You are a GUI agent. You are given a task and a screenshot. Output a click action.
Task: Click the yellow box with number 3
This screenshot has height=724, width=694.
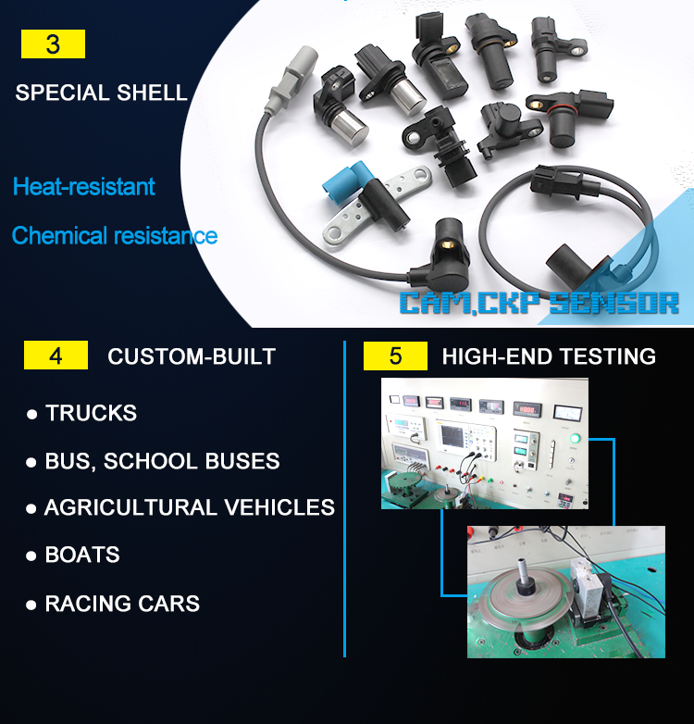click(x=53, y=44)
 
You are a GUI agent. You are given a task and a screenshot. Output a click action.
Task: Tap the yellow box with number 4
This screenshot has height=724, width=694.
click(x=56, y=356)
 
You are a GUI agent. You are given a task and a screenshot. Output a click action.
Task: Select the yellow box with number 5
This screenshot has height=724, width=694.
click(x=395, y=356)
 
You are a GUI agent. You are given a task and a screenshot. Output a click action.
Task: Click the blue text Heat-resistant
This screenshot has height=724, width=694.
click(x=84, y=186)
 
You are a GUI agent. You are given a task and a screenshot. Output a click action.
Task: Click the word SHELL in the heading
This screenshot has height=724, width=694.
click(x=153, y=93)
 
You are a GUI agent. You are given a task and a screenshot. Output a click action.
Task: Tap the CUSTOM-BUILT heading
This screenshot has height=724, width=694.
click(x=192, y=356)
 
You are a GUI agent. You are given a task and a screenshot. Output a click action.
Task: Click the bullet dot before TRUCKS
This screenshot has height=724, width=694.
click(x=31, y=414)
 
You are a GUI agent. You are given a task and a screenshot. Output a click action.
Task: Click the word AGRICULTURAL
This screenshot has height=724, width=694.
click(x=130, y=507)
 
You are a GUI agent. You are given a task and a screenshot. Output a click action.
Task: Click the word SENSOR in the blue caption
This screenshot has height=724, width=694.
click(x=613, y=304)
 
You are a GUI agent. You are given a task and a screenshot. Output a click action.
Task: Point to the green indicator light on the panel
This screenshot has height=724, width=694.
click(x=575, y=438)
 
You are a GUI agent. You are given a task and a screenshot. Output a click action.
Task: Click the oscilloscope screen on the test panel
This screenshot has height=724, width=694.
click(x=453, y=436)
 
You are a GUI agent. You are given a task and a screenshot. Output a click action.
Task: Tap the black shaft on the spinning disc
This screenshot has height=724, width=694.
click(x=525, y=577)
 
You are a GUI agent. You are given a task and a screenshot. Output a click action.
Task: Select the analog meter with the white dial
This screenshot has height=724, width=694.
click(x=567, y=412)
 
